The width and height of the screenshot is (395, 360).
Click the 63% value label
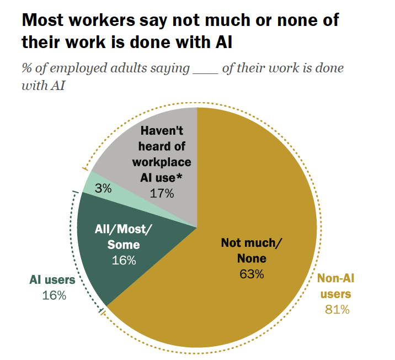point(252,274)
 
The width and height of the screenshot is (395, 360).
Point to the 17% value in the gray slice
point(162,193)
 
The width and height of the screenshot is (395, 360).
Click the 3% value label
point(103,188)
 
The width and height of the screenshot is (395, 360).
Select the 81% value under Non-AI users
point(337,309)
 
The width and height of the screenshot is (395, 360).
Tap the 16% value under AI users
point(54,295)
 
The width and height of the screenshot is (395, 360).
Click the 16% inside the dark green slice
point(123,260)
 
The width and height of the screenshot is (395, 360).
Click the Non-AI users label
point(337,287)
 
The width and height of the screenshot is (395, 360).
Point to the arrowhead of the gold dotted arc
point(84,168)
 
